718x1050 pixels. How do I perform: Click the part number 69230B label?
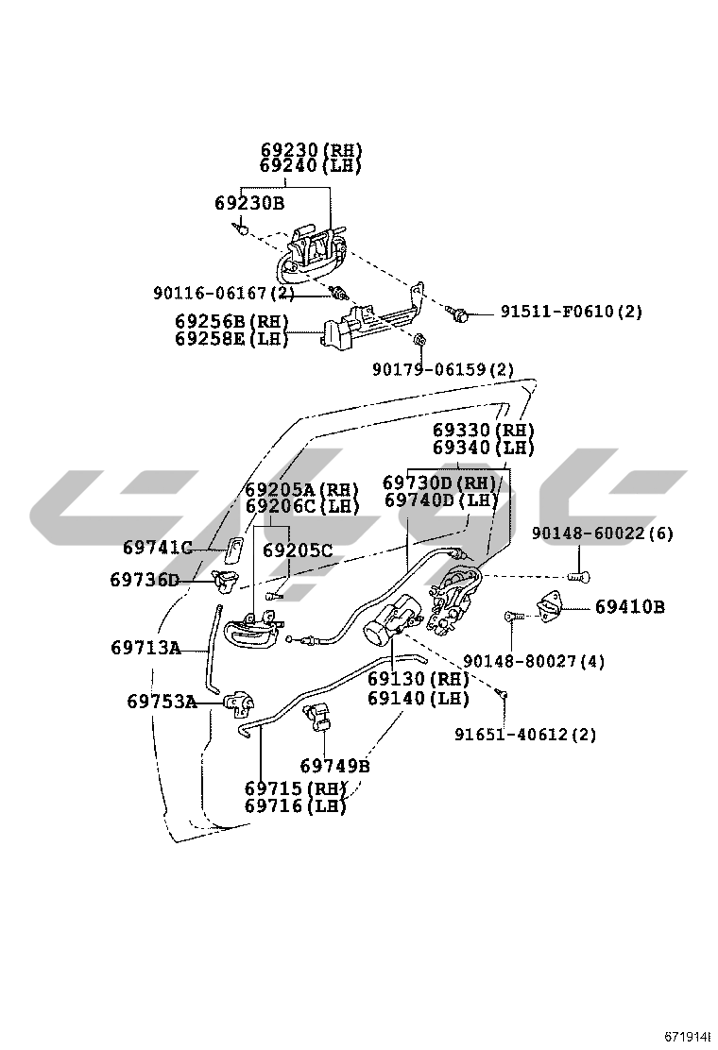tap(248, 203)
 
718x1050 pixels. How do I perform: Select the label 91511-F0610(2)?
tap(571, 312)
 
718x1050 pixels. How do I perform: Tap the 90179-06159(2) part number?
tap(443, 369)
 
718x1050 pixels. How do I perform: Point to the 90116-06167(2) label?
tap(224, 294)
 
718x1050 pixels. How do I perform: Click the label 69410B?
tap(629, 607)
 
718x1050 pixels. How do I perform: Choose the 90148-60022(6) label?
tap(602, 533)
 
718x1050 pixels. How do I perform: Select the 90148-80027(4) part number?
tap(534, 661)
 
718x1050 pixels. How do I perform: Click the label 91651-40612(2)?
tap(525, 734)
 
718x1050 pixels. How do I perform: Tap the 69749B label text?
tap(334, 766)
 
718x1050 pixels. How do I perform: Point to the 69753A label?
tap(162, 702)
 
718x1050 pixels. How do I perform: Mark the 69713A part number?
tap(145, 648)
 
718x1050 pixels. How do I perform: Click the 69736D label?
tap(144, 580)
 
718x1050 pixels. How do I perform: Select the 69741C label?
tap(158, 548)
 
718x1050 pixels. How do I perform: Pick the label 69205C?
tap(298, 550)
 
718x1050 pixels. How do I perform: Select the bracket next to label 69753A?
tap(241, 703)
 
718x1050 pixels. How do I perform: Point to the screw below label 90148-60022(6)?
tap(578, 575)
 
